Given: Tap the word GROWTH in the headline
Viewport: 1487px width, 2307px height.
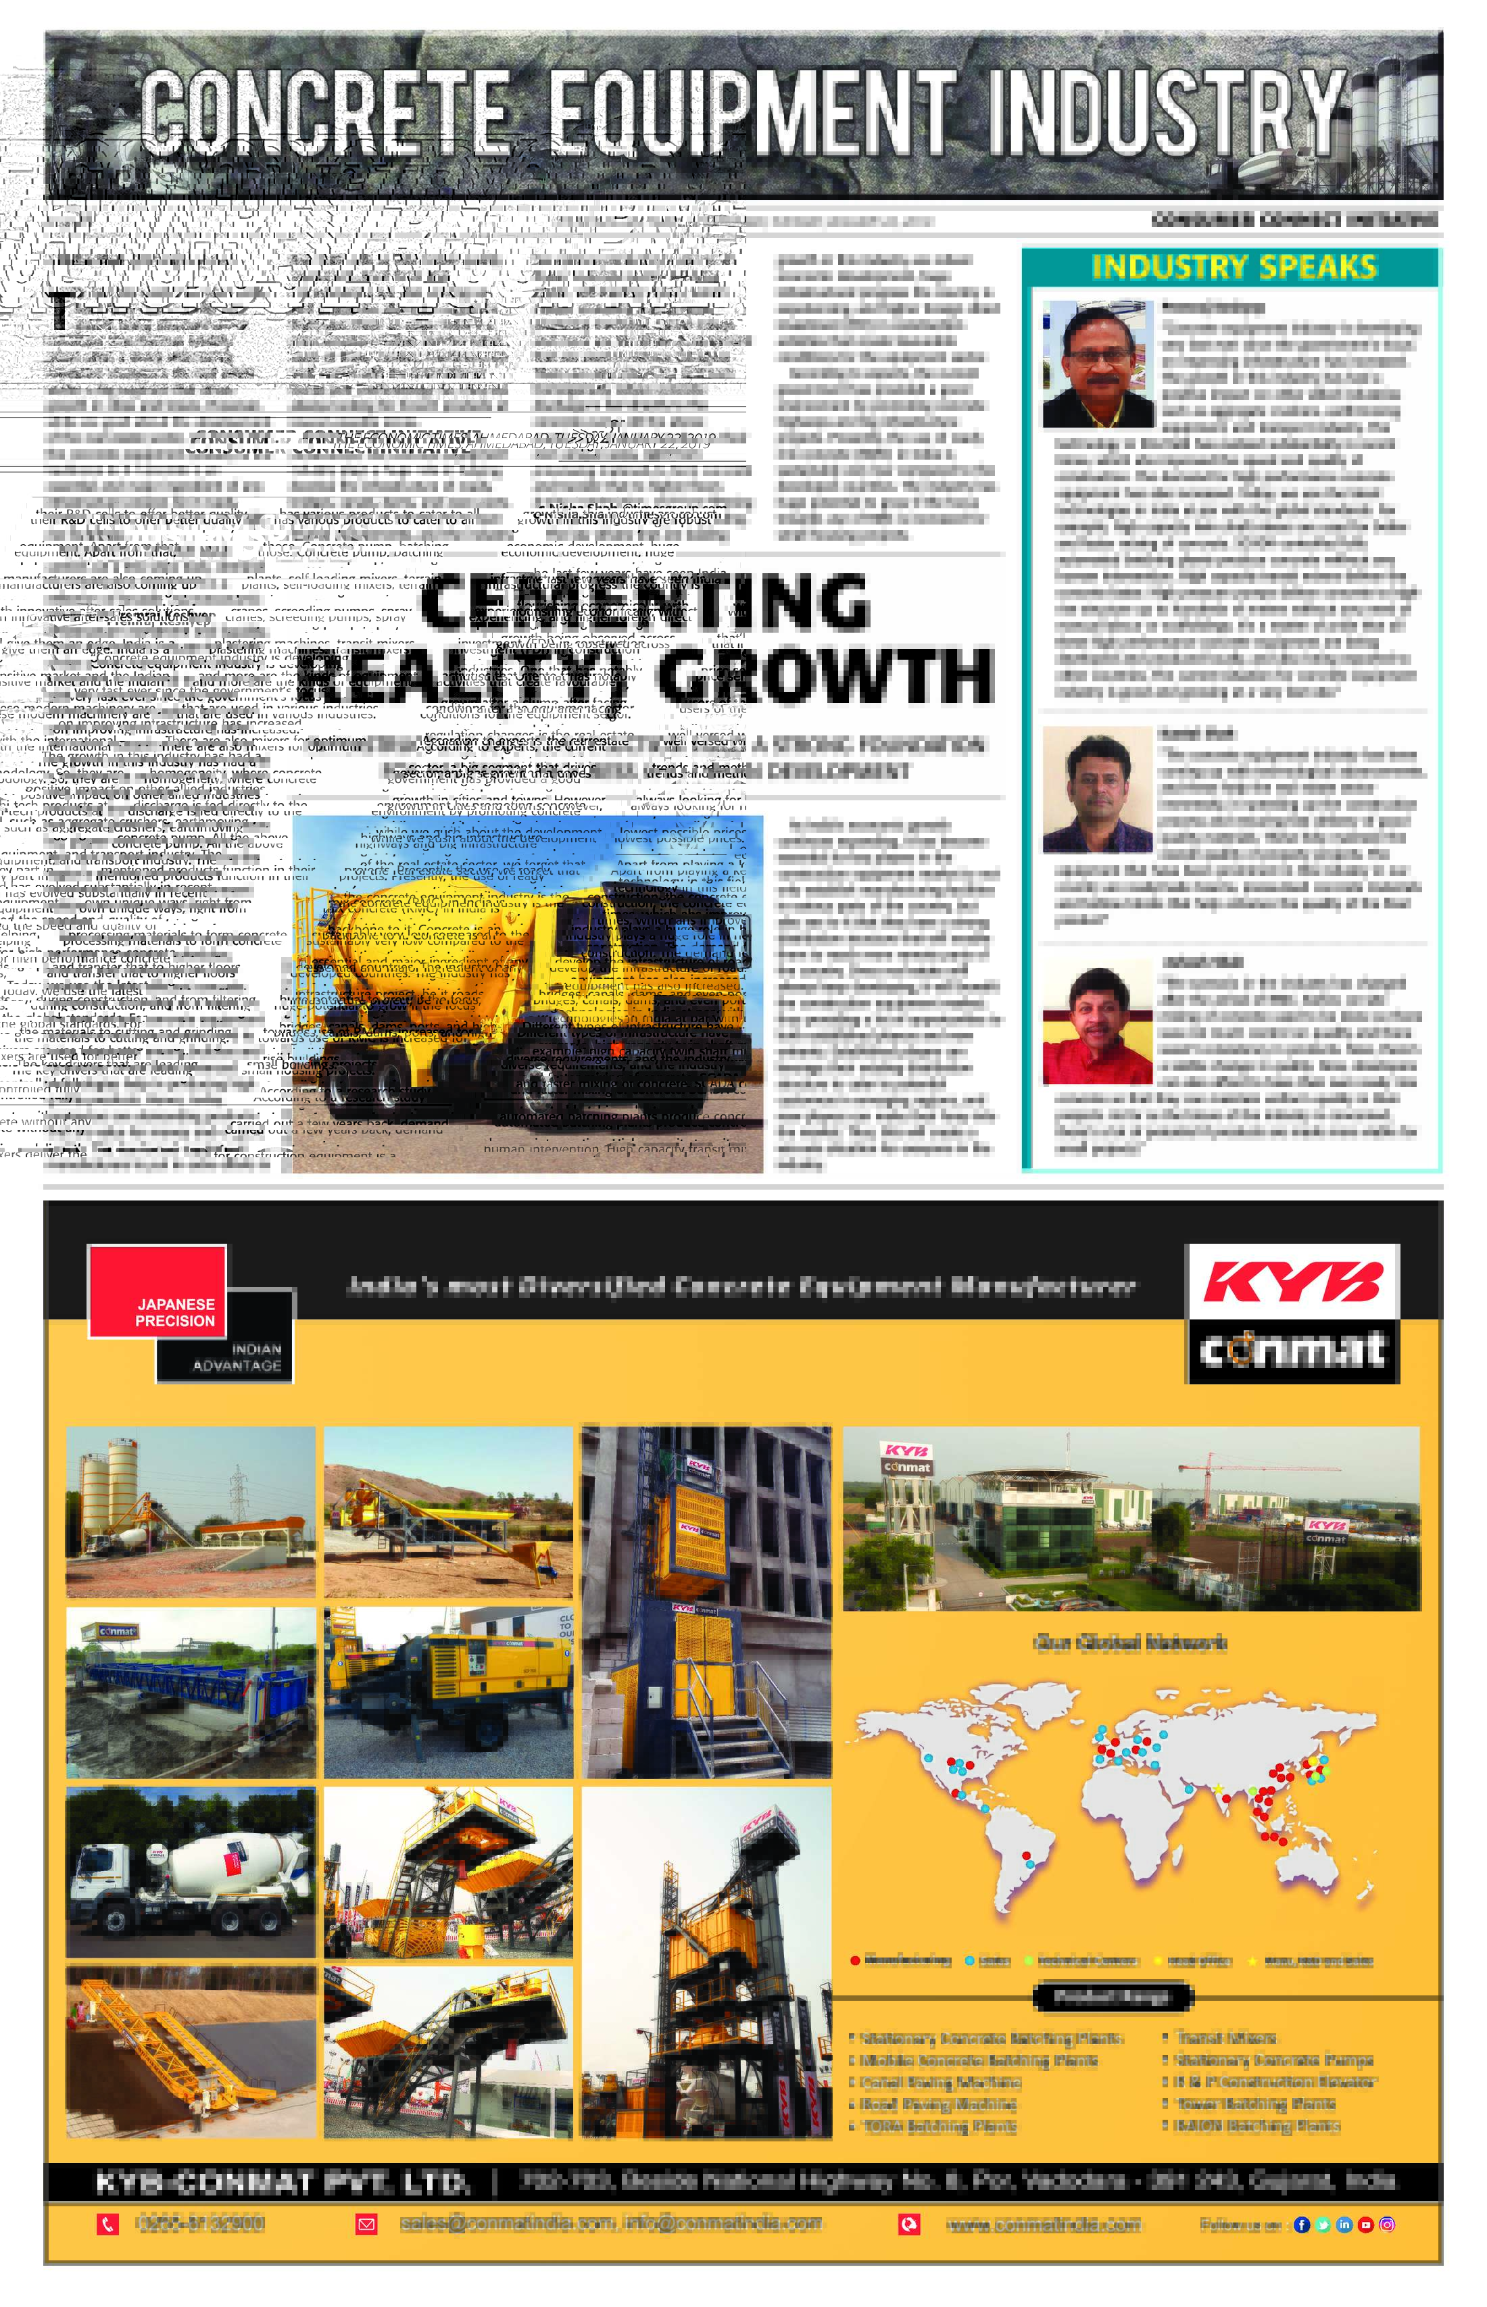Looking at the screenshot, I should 825,675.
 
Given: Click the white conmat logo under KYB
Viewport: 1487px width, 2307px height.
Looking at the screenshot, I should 1292,1349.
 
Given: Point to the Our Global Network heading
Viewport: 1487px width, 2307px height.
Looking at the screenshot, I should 1129,1643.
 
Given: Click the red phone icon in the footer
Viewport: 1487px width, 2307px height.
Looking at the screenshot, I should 107,2225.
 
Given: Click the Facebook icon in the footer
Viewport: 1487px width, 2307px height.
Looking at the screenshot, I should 1302,2225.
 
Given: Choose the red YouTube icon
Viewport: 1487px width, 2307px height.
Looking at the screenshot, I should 1365,2225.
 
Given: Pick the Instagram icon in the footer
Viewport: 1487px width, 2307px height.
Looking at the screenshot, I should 1386,2225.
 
